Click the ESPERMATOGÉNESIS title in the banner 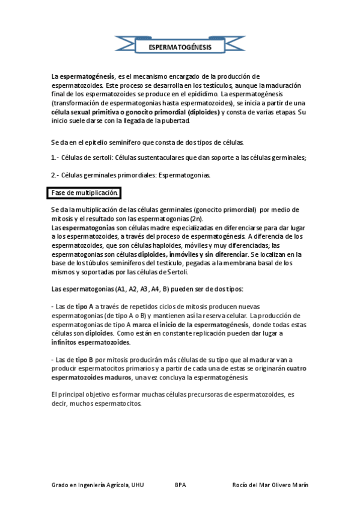tap(179, 46)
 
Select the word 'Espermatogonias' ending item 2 tap(184, 175)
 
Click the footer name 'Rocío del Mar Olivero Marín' tap(270, 485)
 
